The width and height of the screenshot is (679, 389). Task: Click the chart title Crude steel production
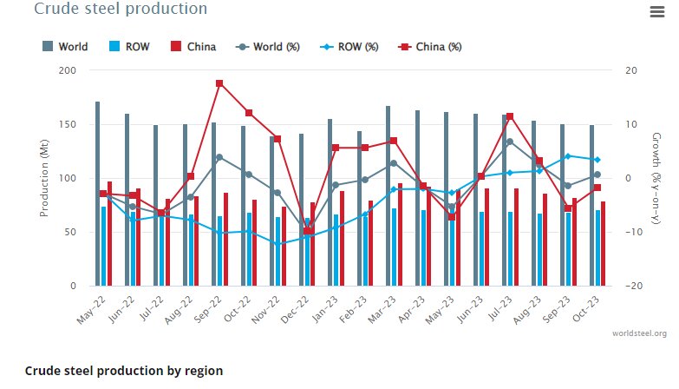120,10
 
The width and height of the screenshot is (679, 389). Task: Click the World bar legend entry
66,46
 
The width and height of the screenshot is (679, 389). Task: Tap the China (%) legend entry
429,46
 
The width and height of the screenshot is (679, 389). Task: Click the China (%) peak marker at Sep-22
219,83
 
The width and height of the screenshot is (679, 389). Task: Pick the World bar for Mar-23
388,196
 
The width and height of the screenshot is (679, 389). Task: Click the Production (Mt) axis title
44,178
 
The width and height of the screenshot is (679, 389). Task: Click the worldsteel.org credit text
639,333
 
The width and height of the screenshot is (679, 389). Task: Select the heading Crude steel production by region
124,371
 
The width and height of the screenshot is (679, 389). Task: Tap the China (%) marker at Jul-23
510,116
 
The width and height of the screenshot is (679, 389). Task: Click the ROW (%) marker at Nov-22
277,244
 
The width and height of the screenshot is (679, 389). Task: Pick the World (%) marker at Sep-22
219,157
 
